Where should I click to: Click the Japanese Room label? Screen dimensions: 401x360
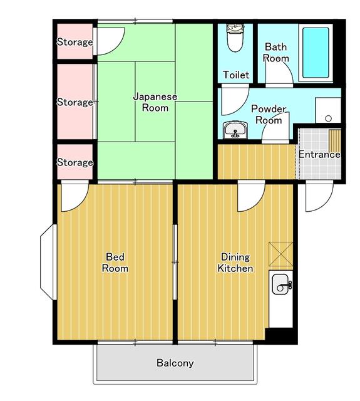click(155, 102)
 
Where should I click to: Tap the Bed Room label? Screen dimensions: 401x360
click(116, 263)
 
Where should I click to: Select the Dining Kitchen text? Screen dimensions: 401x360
click(235, 263)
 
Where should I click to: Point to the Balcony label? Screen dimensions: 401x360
click(175, 363)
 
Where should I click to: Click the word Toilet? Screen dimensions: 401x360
click(236, 75)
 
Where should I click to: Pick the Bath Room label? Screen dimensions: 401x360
click(275, 53)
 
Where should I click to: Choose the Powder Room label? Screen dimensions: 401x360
click(269, 114)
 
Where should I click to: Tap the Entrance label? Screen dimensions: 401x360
click(319, 155)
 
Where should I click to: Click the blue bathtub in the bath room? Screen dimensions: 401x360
click(316, 53)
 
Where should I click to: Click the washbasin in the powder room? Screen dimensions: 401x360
click(236, 130)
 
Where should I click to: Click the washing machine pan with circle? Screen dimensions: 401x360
click(327, 112)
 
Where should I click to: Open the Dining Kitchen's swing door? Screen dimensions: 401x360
click(250, 197)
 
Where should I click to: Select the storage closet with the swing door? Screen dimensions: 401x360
click(74, 42)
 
